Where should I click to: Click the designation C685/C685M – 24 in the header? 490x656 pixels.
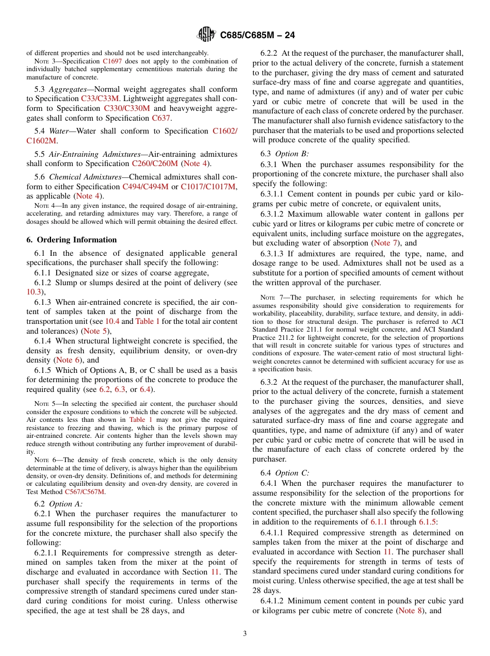(257, 36)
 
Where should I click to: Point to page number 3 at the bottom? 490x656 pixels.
(245, 633)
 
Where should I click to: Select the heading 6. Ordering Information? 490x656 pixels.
(71, 240)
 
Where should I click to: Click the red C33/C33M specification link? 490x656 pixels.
(100, 99)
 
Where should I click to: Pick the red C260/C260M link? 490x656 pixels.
(155, 163)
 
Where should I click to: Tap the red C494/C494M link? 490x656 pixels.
(145, 186)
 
